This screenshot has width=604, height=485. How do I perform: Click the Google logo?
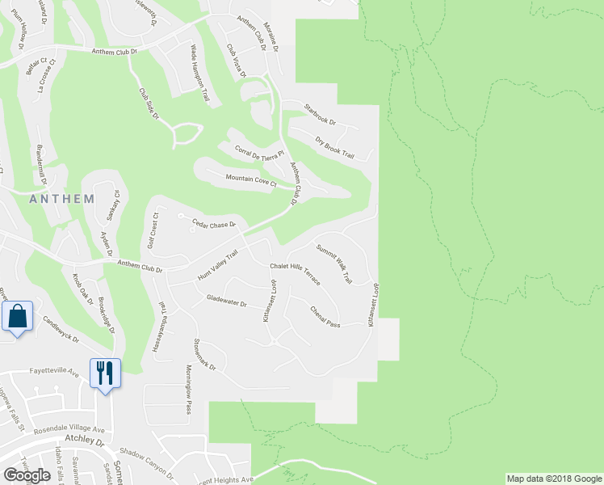pyautogui.click(x=27, y=474)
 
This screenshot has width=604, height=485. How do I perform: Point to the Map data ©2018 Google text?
pyautogui.click(x=553, y=479)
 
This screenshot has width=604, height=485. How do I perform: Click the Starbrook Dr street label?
pyautogui.click(x=319, y=117)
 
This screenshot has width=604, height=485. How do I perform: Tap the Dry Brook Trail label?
pyautogui.click(x=335, y=147)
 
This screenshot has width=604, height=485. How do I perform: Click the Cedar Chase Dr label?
pyautogui.click(x=213, y=223)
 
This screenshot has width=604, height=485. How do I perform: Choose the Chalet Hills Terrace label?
pyautogui.click(x=296, y=274)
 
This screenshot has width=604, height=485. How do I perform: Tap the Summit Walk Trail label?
pyautogui.click(x=334, y=264)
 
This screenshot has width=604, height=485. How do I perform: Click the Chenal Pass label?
pyautogui.click(x=325, y=316)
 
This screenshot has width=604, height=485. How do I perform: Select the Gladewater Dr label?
pyautogui.click(x=226, y=301)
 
